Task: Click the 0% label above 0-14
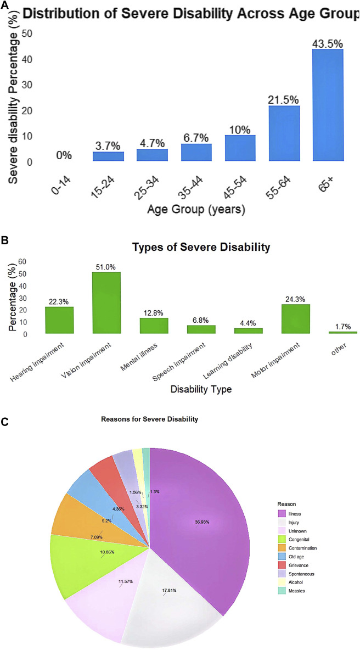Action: [64, 155]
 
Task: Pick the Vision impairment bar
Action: [106, 302]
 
